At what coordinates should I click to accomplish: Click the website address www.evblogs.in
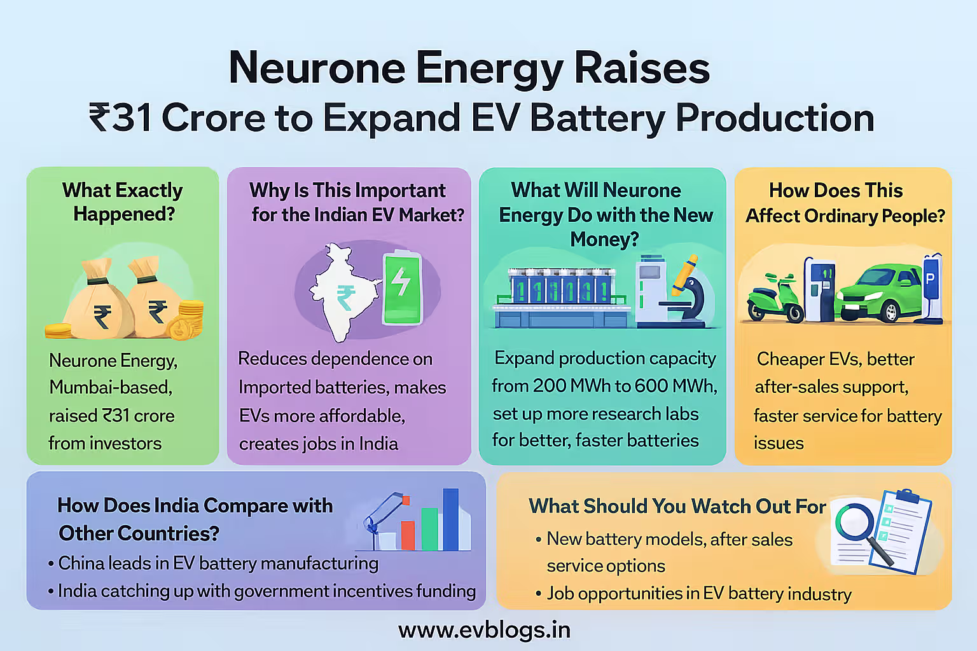coord(484,630)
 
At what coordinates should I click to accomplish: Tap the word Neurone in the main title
coord(317,68)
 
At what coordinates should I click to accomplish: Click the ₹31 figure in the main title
coord(120,118)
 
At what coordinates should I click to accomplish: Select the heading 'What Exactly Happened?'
coord(123,202)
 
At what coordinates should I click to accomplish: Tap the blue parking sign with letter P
coord(931,280)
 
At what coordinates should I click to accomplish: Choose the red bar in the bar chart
coord(408,535)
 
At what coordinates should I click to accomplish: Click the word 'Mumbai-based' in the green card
coord(111,387)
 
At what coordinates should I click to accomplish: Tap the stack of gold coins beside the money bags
coord(190,318)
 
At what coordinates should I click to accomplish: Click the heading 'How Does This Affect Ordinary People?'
coord(845,203)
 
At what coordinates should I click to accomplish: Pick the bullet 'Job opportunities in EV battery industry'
coord(698,594)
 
